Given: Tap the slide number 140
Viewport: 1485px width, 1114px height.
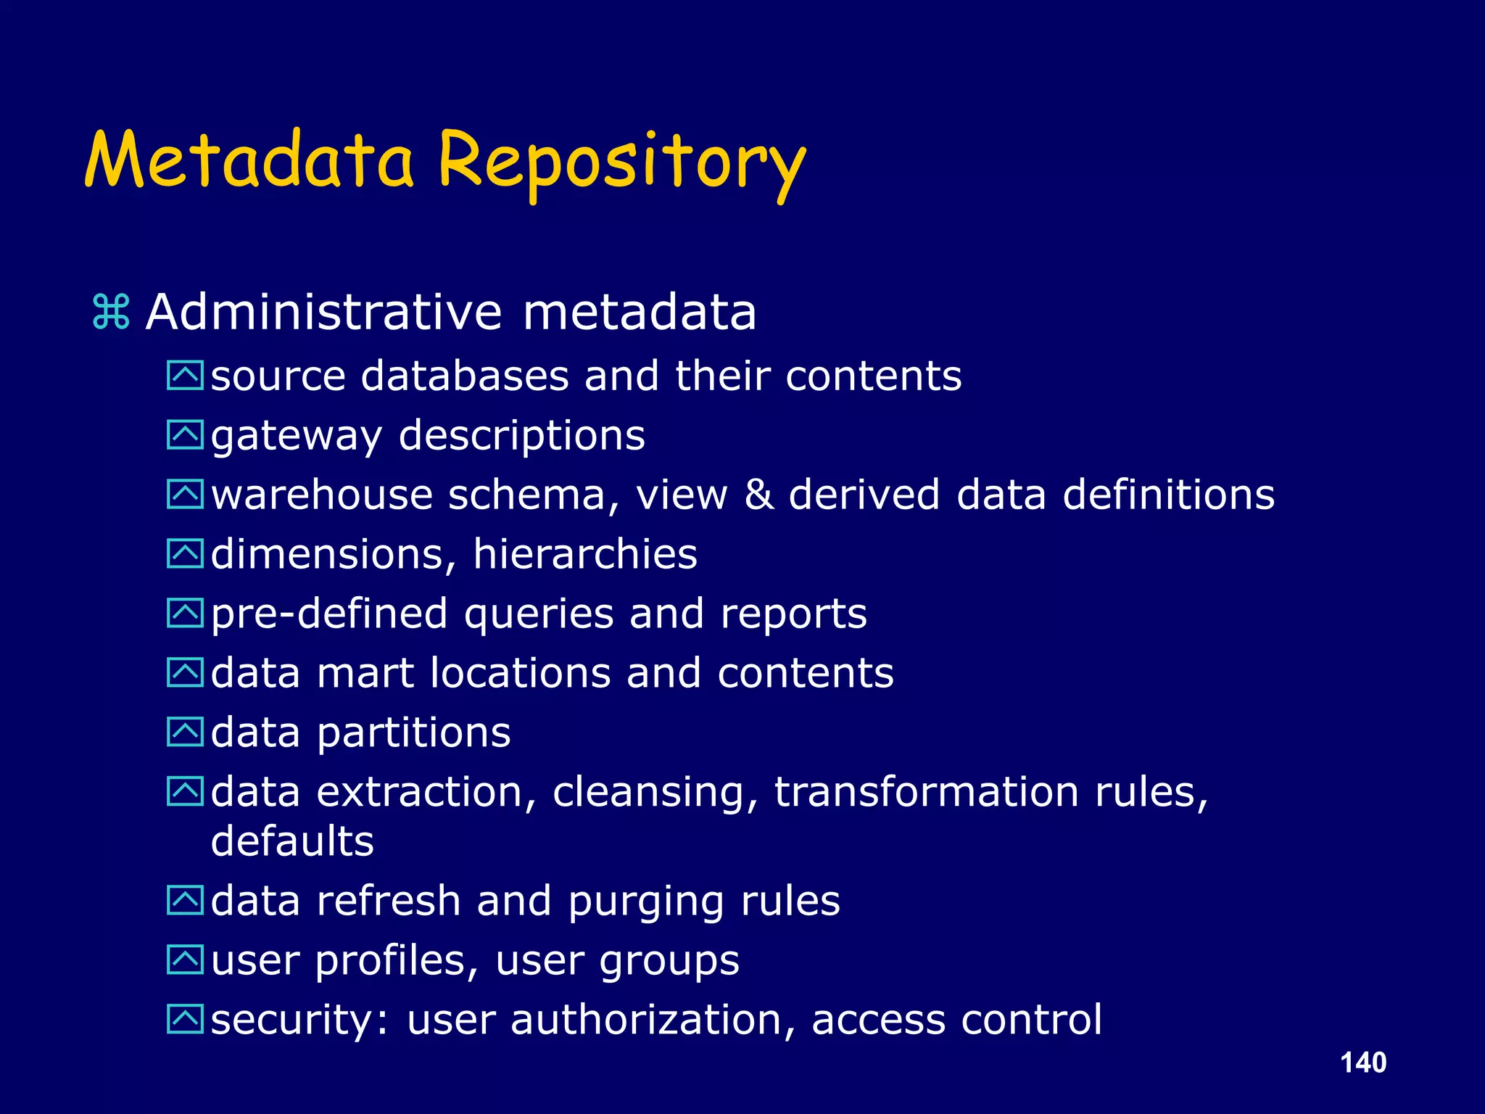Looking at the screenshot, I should click(1363, 1063).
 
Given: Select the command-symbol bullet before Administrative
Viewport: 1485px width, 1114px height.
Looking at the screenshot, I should click(111, 313).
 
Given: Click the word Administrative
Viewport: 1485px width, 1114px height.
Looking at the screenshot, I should click(323, 313).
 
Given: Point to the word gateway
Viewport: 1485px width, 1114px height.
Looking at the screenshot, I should click(295, 437).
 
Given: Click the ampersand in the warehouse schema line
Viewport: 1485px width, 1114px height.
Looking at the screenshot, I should click(758, 495).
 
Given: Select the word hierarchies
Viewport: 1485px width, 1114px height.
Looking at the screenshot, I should click(584, 555).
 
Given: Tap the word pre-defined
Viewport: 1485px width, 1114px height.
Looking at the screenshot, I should click(328, 614).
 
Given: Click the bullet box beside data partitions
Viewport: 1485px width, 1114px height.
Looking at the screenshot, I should click(185, 732).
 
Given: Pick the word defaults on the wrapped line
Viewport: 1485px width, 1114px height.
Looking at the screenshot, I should click(292, 841).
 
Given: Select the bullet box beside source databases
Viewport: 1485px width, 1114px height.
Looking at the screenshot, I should click(185, 376).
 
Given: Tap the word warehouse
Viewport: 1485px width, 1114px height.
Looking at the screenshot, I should click(321, 495).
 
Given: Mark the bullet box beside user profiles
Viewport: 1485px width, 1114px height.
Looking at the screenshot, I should click(185, 960).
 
